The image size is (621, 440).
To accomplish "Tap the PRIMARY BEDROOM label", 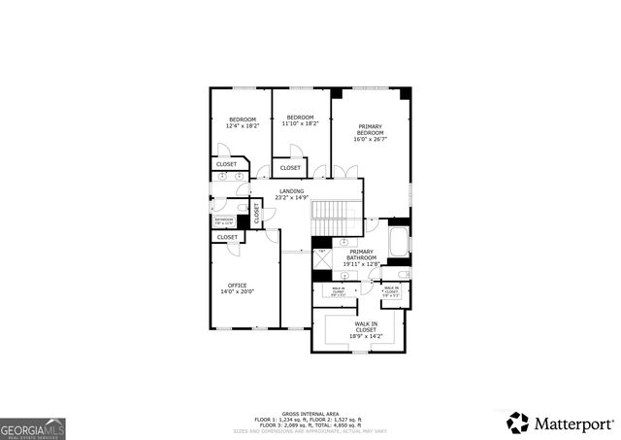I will tap(371, 132).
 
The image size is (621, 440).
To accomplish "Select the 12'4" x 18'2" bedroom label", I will tap(242, 122).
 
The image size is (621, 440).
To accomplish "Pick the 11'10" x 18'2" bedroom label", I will tap(299, 120).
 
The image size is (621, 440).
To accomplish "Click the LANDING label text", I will tap(291, 194).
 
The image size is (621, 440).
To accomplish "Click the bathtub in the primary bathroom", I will tap(399, 243).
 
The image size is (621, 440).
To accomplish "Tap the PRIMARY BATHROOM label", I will tap(361, 255).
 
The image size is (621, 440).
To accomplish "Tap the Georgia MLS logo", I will tap(33, 426).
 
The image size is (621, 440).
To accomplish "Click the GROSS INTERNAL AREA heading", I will tap(310, 412).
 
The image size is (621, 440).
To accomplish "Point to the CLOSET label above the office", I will tap(227, 237).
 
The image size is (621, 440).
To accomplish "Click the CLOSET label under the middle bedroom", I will tap(290, 168).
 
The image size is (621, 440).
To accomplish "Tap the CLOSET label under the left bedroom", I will tap(226, 164).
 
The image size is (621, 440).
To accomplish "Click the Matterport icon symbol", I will tap(518, 423).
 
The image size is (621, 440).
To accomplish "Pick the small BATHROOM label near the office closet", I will tap(224, 221).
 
